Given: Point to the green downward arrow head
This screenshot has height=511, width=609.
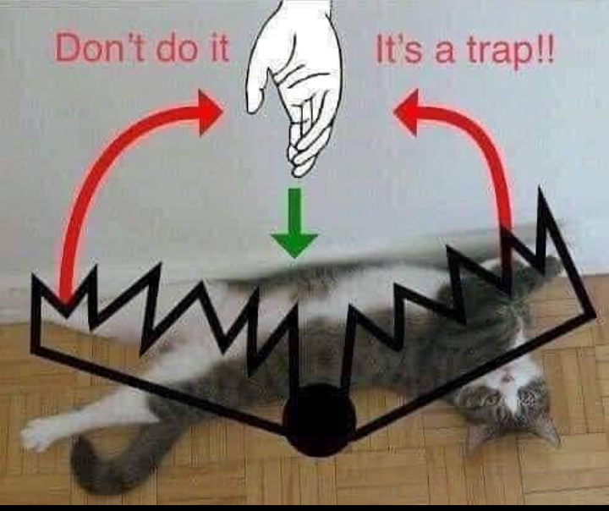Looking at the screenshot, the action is click(294, 245).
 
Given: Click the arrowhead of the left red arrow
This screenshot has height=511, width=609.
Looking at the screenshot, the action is click(211, 113).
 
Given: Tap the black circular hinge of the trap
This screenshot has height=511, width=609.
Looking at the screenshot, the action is click(320, 420).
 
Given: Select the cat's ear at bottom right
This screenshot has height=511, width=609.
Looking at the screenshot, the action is click(546, 430).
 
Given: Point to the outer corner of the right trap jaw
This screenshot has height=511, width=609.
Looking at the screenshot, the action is click(594, 314).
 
